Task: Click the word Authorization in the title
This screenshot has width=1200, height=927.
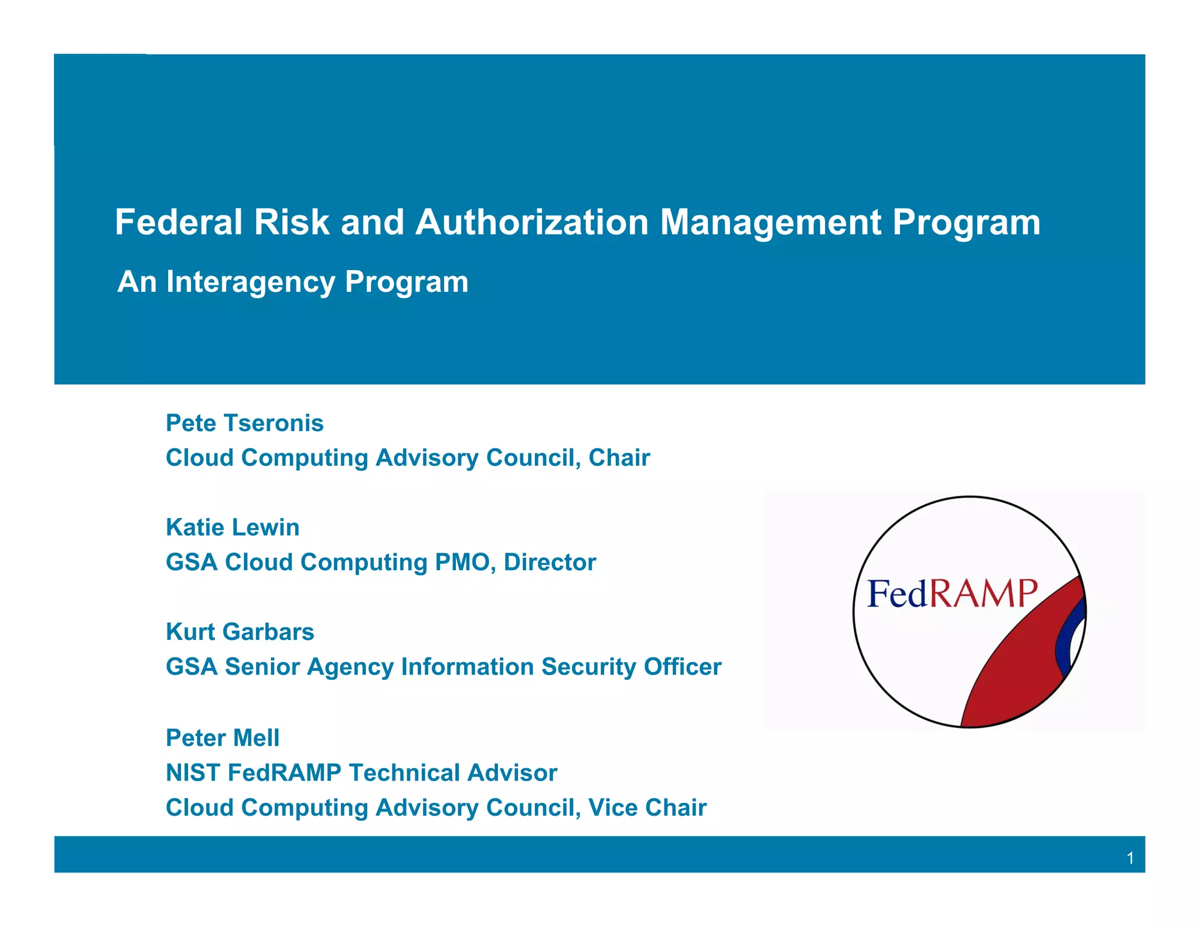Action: (x=531, y=223)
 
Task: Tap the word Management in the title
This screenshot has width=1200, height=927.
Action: (x=771, y=223)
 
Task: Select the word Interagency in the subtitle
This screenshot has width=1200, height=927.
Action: (x=250, y=282)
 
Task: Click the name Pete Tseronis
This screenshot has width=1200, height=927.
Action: (x=244, y=423)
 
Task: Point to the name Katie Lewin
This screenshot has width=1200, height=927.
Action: (x=233, y=527)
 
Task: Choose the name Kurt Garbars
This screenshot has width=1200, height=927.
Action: (x=240, y=632)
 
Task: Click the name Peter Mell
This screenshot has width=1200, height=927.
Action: (x=223, y=738)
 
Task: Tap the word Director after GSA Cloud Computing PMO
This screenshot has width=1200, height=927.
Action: (x=550, y=562)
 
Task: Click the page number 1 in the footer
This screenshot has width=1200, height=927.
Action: (x=1130, y=858)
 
